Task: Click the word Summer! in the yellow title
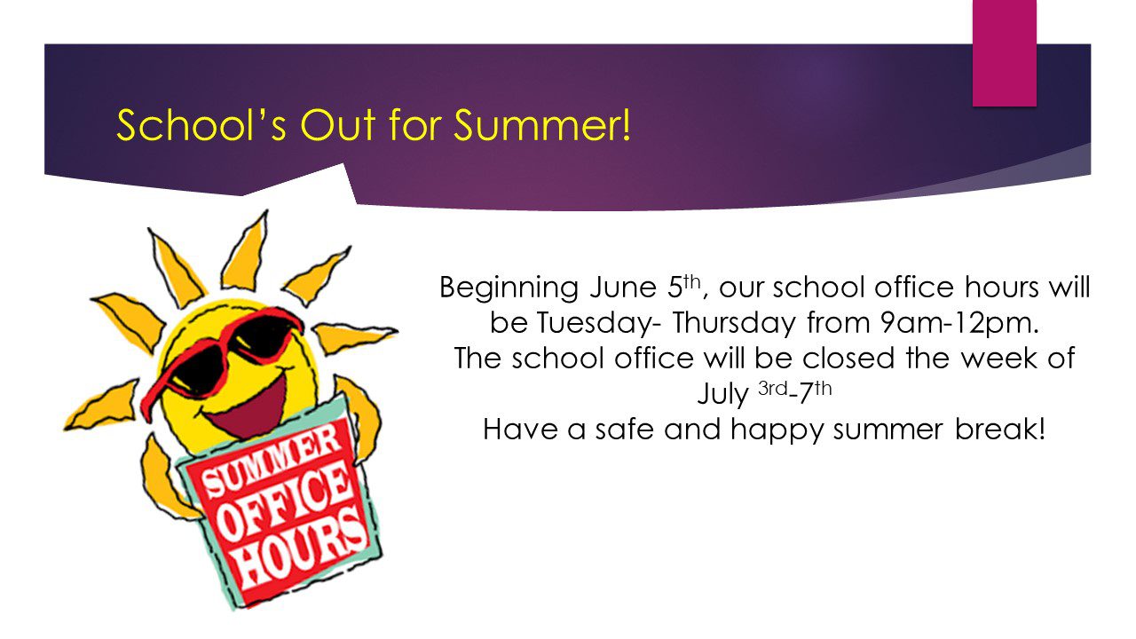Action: [542, 125]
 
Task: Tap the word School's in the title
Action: [201, 125]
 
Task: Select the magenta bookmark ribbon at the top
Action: [1004, 52]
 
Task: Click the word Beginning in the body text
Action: [509, 289]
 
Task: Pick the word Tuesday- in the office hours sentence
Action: [598, 325]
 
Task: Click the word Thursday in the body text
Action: [734, 325]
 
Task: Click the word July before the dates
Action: [723, 395]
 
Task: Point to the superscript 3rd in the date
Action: [773, 389]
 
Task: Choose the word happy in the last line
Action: [777, 431]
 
